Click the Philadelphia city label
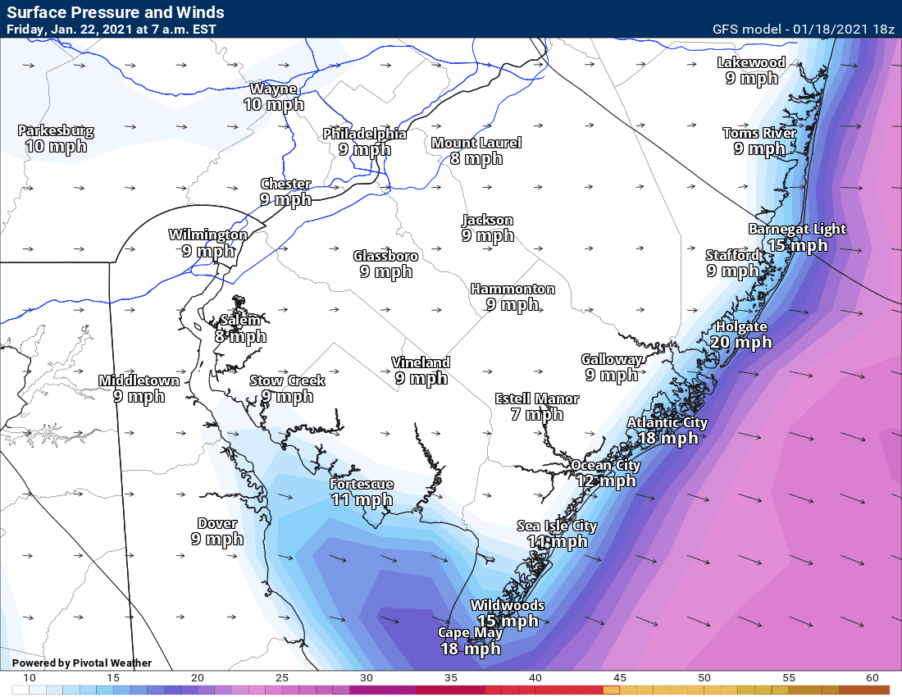[364, 134]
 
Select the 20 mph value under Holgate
[740, 342]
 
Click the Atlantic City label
[667, 422]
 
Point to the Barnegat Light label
[797, 229]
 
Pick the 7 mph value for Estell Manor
[536, 414]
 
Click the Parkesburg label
[56, 130]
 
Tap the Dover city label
[217, 523]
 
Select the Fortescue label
[362, 484]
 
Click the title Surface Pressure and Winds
[116, 13]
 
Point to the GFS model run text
[803, 30]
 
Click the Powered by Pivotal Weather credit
[82, 663]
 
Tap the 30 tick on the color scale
[366, 678]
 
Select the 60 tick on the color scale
[872, 678]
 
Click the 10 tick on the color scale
[29, 678]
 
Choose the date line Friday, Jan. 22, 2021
[112, 30]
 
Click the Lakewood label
[751, 62]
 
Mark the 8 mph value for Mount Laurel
[476, 158]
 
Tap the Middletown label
[139, 380]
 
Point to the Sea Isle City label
[557, 526]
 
